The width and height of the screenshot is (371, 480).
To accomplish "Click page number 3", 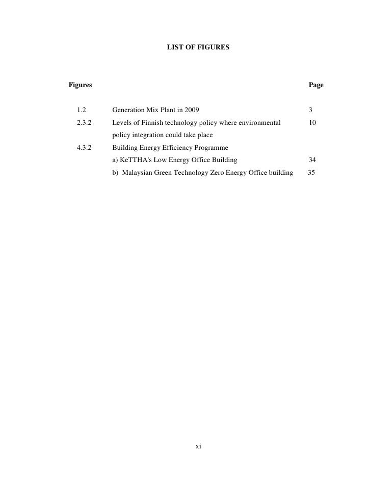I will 310,110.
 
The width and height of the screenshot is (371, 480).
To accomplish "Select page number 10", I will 312,123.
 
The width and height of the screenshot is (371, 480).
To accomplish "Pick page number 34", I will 312,160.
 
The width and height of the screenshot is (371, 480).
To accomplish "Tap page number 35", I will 312,173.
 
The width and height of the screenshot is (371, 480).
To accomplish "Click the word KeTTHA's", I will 134,160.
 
